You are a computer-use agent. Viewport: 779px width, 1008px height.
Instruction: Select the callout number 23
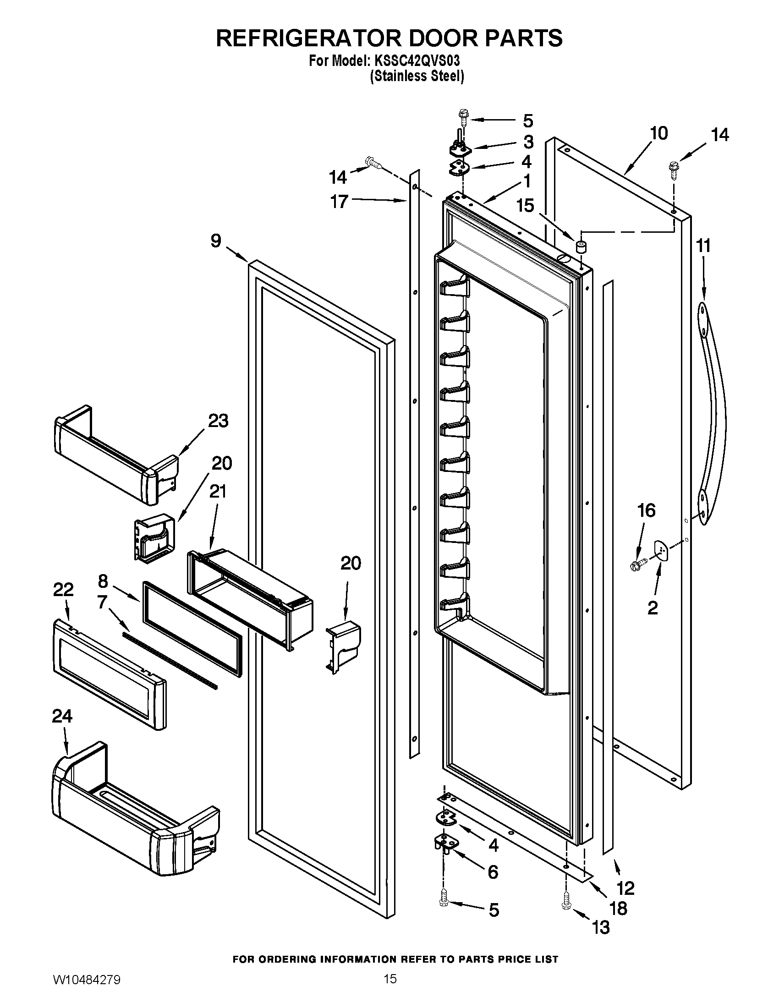coord(218,421)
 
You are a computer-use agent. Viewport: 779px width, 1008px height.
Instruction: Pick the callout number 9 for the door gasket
coord(216,241)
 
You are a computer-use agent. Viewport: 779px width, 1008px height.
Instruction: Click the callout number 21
coord(218,492)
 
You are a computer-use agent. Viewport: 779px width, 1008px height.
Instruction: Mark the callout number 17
coord(339,201)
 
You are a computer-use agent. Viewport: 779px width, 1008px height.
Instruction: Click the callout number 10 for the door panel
coord(658,133)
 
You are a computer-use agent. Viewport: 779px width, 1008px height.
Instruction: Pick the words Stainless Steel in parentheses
coord(417,76)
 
